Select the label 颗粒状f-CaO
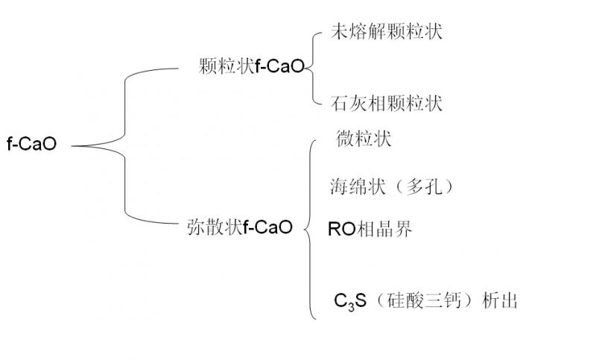252,67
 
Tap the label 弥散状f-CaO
239,227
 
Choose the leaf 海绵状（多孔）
392,186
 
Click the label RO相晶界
370,228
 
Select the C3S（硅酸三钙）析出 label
425,301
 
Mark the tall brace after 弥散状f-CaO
308,231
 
